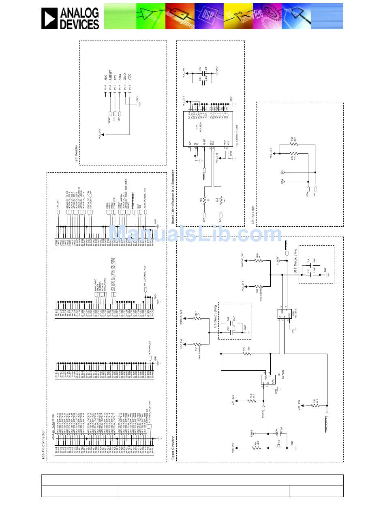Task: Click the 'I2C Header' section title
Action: click(76, 154)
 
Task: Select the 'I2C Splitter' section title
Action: click(253, 215)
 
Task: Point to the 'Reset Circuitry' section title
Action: click(173, 448)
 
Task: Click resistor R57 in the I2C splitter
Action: click(293, 144)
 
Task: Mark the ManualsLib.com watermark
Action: click(195, 235)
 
